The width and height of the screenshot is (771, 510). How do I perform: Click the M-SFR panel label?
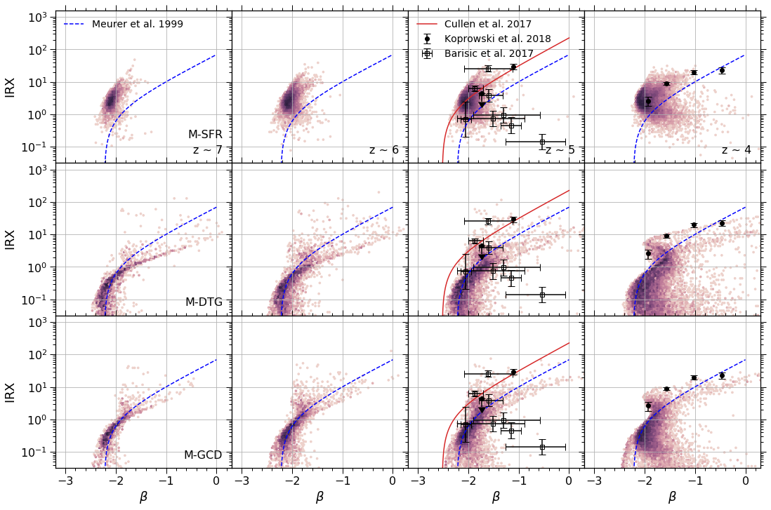pyautogui.click(x=205, y=135)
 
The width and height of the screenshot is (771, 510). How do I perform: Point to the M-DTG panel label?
pyautogui.click(x=204, y=302)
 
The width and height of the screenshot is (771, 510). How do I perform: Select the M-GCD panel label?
pyautogui.click(x=203, y=455)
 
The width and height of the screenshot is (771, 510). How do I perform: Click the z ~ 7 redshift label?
pyautogui.click(x=208, y=150)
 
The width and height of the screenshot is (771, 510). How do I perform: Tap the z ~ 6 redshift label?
pyautogui.click(x=384, y=150)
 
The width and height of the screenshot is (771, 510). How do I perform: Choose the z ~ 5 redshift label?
pyautogui.click(x=560, y=150)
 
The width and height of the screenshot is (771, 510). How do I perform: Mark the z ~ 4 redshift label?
pyautogui.click(x=736, y=150)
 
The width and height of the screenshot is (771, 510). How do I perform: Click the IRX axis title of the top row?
pyautogui.click(x=11, y=87)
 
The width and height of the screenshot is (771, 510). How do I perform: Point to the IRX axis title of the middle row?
pyautogui.click(x=11, y=239)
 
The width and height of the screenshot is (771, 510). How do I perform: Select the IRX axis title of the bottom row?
pyautogui.click(x=11, y=392)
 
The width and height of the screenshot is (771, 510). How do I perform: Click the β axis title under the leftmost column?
pyautogui.click(x=143, y=497)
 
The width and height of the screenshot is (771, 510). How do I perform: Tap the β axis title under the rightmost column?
pyautogui.click(x=672, y=497)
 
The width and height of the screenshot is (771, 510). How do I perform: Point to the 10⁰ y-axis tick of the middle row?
pyautogui.click(x=37, y=268)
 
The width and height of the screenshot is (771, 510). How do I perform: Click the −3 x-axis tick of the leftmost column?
pyautogui.click(x=65, y=481)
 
